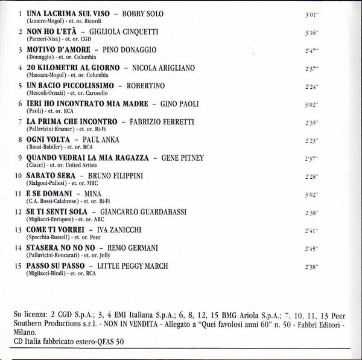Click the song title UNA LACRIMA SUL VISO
tap(69, 13)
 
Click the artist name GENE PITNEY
tap(182, 157)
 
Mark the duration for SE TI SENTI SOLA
tap(311, 213)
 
